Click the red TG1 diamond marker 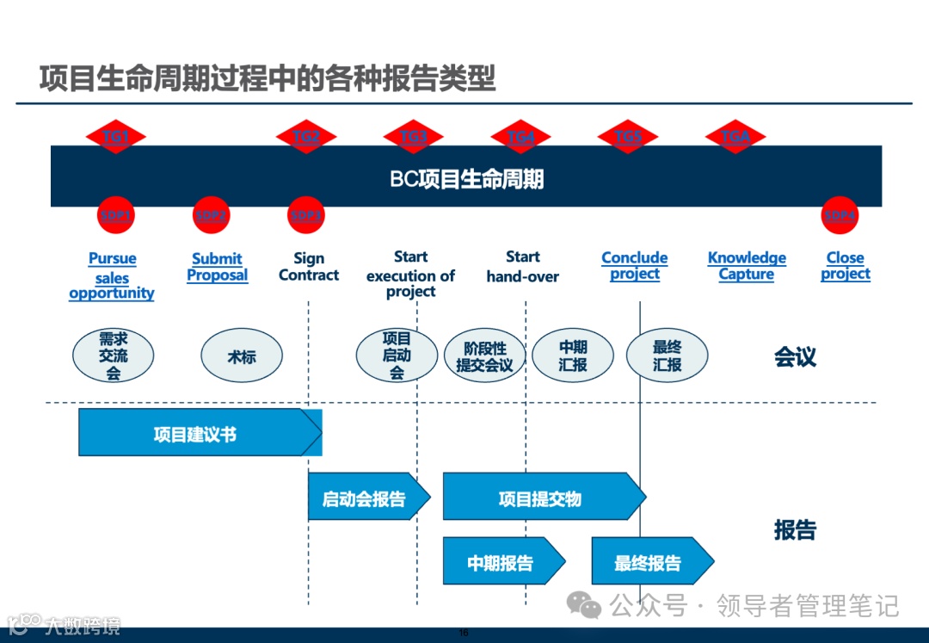point(116,137)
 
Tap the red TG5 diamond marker point(628,137)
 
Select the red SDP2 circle point(211,216)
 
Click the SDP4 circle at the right point(840,216)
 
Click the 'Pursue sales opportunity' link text point(112,275)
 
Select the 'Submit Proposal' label point(217,267)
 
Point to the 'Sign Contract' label point(309,267)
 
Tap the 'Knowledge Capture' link point(747,266)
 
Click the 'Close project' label point(845,266)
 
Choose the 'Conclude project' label point(635,266)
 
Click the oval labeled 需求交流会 point(114,356)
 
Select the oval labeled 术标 point(242,356)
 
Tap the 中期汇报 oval point(573,356)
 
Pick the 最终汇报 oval point(667,356)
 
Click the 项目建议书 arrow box point(196,433)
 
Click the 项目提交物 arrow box point(540,498)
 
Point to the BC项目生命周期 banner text point(466,179)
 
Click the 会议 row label point(795,357)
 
